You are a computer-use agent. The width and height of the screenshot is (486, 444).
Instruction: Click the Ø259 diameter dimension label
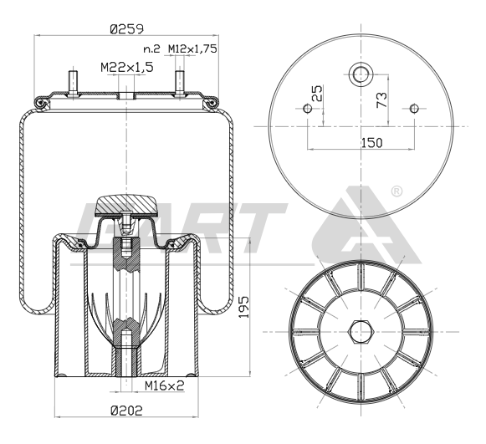(127, 29)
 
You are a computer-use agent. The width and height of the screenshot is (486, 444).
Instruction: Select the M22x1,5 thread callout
(127, 67)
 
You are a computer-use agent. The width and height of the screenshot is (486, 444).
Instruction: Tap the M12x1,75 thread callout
(192, 48)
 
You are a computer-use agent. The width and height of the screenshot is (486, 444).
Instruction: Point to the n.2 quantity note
(152, 49)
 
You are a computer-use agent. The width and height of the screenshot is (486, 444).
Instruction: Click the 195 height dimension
(244, 307)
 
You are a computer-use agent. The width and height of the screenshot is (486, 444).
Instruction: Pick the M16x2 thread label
(165, 385)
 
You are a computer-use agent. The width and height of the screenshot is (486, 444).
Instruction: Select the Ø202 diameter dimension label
(126, 411)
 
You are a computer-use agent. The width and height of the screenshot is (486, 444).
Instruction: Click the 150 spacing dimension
(372, 143)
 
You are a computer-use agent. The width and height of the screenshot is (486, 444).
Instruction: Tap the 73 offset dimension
(381, 100)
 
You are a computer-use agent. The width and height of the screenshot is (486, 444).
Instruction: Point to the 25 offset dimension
(317, 94)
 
